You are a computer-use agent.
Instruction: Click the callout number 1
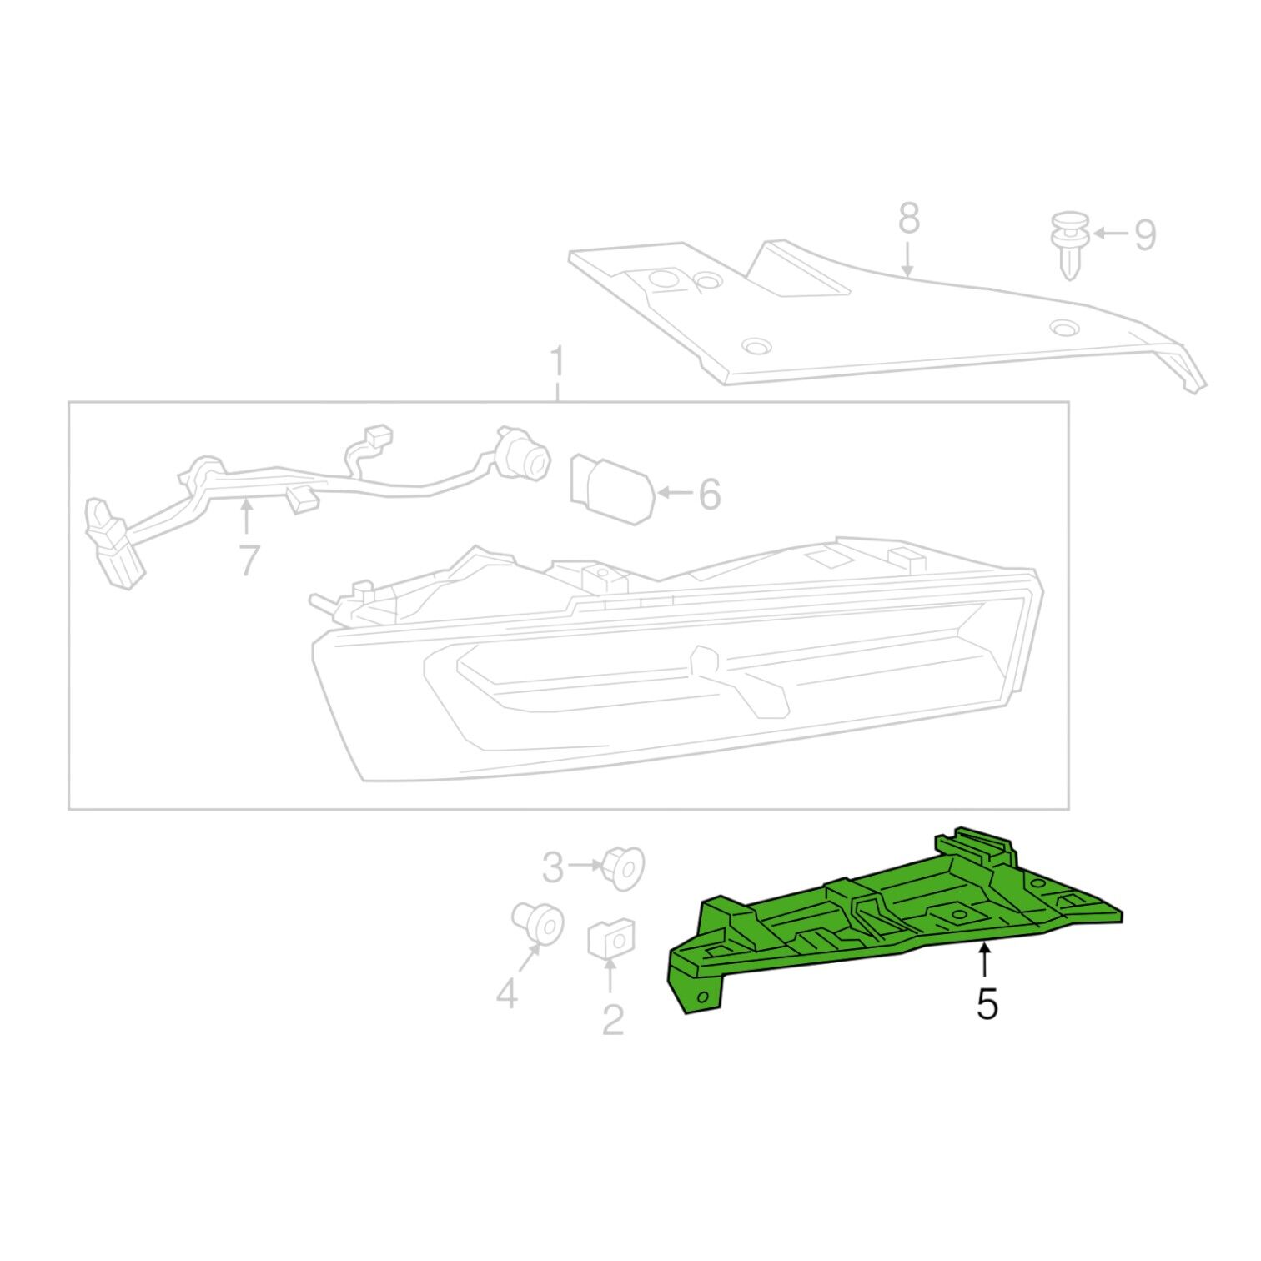tap(558, 364)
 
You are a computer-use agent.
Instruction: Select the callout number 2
tap(613, 1019)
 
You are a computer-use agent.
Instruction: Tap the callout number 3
tap(553, 868)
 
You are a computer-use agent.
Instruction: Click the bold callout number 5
tap(987, 1005)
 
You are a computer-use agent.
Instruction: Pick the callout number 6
tap(709, 495)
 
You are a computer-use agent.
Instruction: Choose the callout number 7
tap(249, 560)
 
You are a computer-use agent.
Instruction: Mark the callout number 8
tap(909, 219)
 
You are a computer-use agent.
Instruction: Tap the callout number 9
tap(1145, 234)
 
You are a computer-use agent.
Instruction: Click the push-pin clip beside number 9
tap(1070, 246)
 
